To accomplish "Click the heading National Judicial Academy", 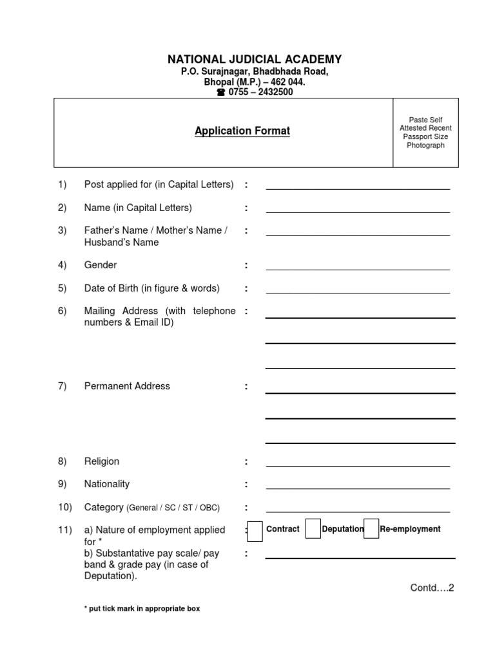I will [x=255, y=59].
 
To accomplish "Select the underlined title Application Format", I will [x=242, y=131].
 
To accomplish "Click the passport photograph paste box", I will [x=425, y=133].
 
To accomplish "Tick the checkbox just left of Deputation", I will [x=313, y=529].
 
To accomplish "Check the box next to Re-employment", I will [x=371, y=528].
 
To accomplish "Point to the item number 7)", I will [x=62, y=386].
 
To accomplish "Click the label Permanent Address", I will [x=127, y=386].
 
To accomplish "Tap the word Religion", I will [x=102, y=461].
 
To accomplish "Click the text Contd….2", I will [x=432, y=588].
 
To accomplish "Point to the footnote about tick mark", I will [x=142, y=609].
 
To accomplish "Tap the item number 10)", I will [x=64, y=507].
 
